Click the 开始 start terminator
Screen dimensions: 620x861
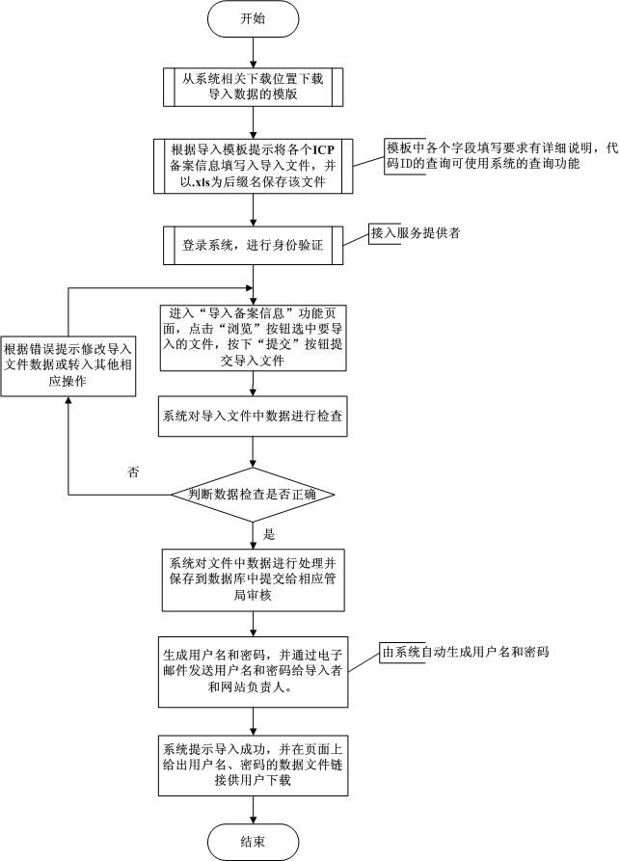pyautogui.click(x=254, y=19)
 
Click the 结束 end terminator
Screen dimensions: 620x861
pyautogui.click(x=254, y=842)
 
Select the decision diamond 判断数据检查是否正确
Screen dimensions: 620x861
pyautogui.click(x=253, y=495)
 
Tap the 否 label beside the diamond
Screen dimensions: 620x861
pyautogui.click(x=133, y=472)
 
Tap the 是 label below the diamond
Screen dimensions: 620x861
pyautogui.click(x=269, y=534)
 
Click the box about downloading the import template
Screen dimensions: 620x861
pyautogui.click(x=254, y=87)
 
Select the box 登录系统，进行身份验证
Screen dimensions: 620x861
pyautogui.click(x=254, y=246)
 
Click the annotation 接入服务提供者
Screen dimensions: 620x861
pyautogui.click(x=416, y=232)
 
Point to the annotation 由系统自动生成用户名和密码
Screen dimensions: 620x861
pyautogui.click(x=465, y=653)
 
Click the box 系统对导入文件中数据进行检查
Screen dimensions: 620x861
pyautogui.click(x=254, y=417)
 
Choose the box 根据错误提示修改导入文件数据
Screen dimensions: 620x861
pyautogui.click(x=68, y=365)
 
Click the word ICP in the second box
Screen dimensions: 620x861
pyautogui.click(x=323, y=149)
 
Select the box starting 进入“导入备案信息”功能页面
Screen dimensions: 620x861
pyautogui.click(x=254, y=337)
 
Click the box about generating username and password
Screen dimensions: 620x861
pyautogui.click(x=254, y=672)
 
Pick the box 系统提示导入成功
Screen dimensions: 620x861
pyautogui.click(x=254, y=766)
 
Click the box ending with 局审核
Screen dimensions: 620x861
pyautogui.click(x=254, y=579)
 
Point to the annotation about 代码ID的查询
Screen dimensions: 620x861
pyautogui.click(x=501, y=156)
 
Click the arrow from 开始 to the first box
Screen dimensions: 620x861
pyautogui.click(x=254, y=53)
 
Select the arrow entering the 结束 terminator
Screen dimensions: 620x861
pyautogui.click(x=254, y=810)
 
